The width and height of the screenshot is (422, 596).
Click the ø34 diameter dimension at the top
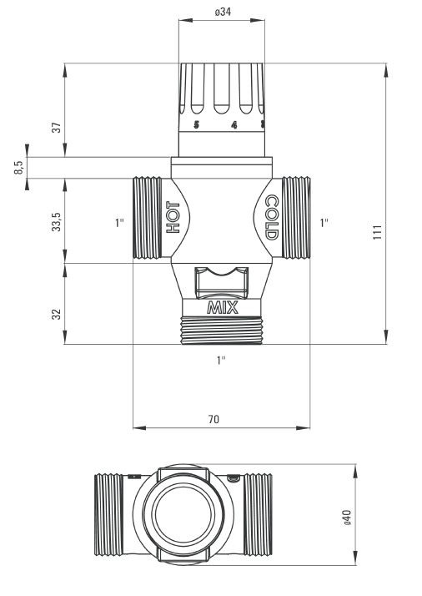click(222, 14)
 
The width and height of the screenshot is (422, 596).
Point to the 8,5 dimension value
click(18, 167)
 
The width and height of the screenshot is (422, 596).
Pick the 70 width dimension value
click(214, 419)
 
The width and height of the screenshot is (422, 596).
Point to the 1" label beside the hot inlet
click(120, 223)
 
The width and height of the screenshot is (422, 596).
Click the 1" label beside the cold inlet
click(324, 223)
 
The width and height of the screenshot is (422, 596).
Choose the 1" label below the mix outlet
click(221, 360)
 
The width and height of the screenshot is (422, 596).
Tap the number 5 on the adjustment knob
click(197, 126)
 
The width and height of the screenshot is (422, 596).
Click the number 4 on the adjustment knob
click(234, 126)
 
